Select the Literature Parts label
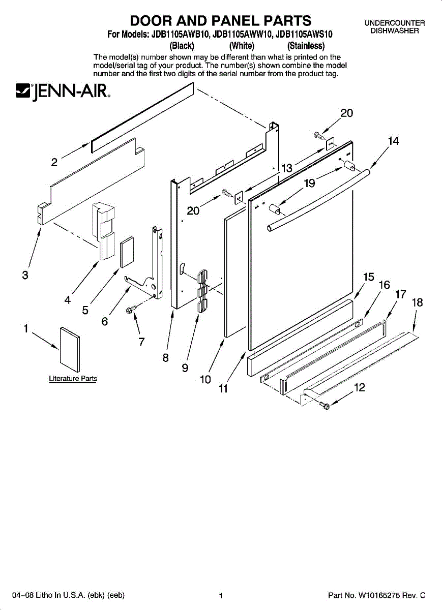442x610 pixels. pos(73,379)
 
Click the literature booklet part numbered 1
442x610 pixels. pos(70,349)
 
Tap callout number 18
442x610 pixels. pos(417,302)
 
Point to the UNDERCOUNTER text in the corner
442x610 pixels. pos(394,23)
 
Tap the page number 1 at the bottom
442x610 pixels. pos(221,596)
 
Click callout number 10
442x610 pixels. pos(205,379)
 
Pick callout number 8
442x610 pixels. pos(165,357)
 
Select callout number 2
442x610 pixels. pos(54,163)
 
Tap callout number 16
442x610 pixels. pos(385,285)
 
